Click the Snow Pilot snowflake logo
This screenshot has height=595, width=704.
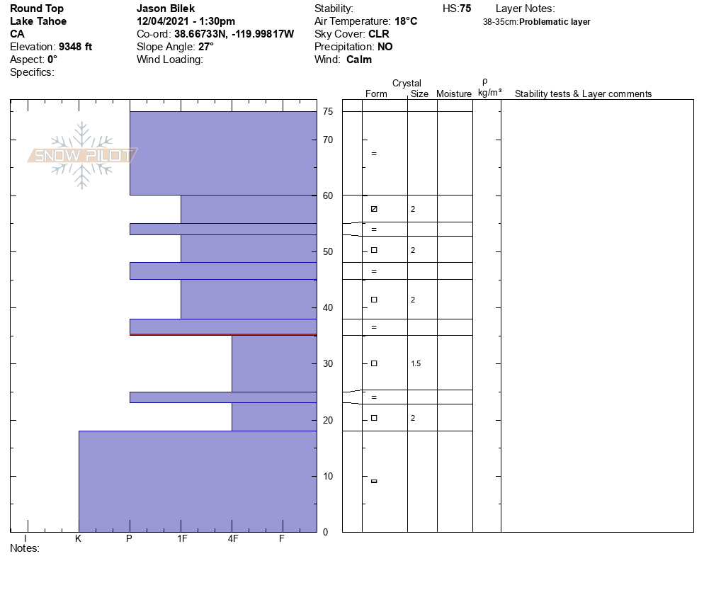83,155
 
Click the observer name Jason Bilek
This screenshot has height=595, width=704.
166,8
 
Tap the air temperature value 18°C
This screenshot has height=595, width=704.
406,21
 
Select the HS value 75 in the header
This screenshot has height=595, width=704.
465,8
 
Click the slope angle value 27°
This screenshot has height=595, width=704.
205,47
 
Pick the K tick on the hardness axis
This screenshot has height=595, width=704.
79,538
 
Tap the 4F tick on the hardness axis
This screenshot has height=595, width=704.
232,538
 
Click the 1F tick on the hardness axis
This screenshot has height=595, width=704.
181,538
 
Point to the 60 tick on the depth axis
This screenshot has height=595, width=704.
327,195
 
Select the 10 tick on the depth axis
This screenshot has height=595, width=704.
327,476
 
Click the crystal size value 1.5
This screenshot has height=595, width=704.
416,363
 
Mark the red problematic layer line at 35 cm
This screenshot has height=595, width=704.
223,334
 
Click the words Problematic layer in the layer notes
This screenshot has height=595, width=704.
555,22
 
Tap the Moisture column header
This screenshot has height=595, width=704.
454,94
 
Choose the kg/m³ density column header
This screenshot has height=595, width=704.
489,93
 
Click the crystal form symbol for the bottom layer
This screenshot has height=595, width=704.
374,482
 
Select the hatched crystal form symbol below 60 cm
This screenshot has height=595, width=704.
374,209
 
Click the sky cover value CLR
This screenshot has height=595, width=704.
378,34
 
